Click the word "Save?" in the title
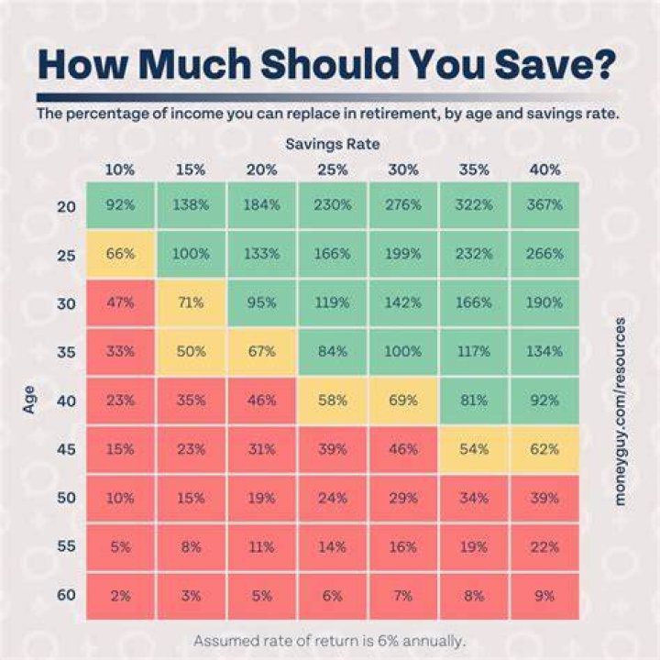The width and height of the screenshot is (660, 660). point(555,64)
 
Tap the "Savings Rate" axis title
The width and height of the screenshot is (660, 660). point(333,144)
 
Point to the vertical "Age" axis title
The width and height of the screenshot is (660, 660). point(28,400)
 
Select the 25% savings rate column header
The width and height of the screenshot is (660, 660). point(333,170)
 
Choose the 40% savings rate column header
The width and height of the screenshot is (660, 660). point(545,170)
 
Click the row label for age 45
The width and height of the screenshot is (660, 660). point(67,449)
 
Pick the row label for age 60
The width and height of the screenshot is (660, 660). point(67,595)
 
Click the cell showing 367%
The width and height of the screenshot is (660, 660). point(545,205)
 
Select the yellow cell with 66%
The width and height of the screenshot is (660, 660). point(120,254)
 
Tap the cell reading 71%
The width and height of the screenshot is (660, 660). point(191,302)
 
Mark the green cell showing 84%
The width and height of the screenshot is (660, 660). point(333,351)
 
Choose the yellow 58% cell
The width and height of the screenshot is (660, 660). point(333,400)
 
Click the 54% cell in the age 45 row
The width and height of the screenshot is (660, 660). point(474,449)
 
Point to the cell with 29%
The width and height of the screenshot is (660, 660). point(403,498)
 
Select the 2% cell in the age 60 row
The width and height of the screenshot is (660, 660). point(120,596)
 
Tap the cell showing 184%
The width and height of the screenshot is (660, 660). point(262,205)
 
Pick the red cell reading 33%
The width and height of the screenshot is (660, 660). point(120,351)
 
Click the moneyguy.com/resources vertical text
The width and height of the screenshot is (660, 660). point(620,412)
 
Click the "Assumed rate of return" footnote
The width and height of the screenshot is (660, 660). point(330,641)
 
